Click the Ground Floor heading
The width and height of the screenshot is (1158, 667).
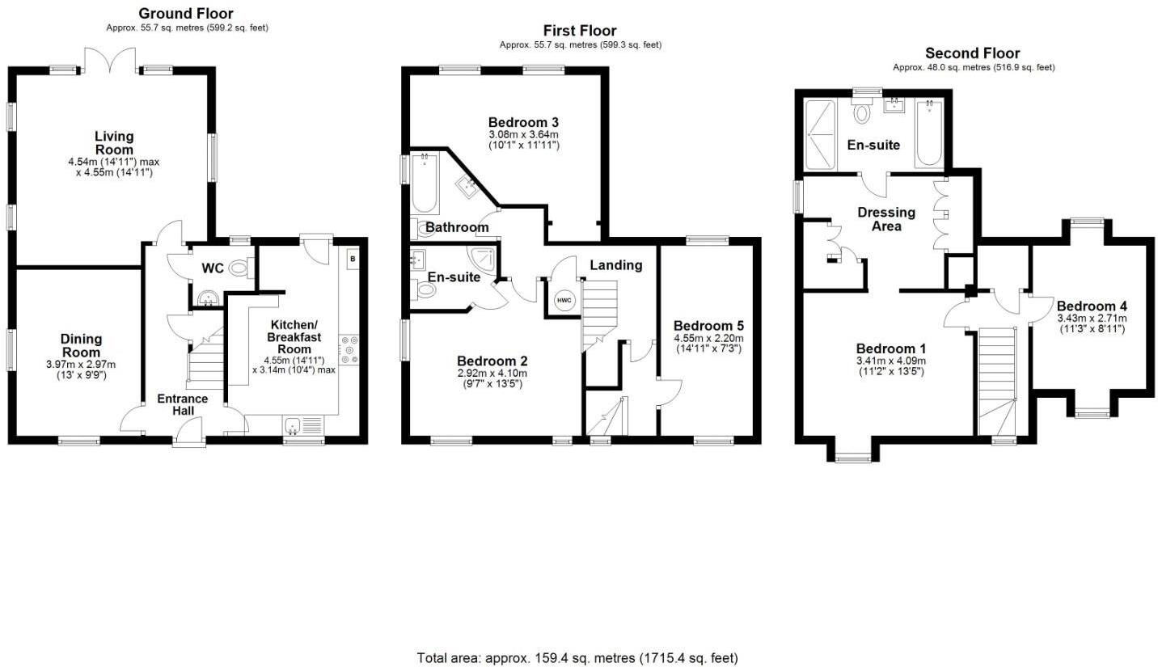186,13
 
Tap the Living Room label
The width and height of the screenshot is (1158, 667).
113,143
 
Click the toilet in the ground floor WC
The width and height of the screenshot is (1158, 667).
239,268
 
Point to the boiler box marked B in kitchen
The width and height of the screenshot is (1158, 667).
352,259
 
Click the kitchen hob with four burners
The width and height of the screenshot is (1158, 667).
349,350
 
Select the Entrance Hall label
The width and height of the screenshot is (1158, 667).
182,404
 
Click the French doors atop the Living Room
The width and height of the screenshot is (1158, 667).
111,59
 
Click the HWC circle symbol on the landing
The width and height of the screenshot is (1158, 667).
564,301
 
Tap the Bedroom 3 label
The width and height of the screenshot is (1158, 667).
523,122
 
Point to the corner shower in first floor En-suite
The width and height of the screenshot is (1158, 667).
485,259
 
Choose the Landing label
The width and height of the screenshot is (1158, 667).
615,265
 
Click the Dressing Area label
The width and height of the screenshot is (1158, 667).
886,219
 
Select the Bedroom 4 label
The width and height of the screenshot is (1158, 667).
1091,306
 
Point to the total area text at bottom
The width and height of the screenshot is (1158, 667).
577,657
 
